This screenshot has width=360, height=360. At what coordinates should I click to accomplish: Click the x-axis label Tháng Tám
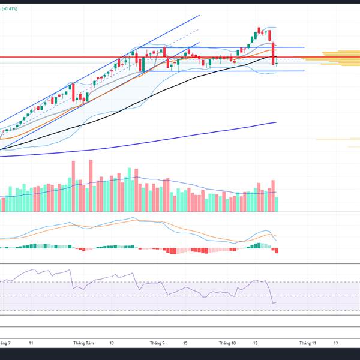(x=83, y=343)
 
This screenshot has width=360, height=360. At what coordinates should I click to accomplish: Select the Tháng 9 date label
(x=157, y=343)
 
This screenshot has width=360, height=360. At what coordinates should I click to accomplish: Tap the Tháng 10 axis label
(x=227, y=343)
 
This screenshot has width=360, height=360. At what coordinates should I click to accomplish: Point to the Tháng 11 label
(x=307, y=343)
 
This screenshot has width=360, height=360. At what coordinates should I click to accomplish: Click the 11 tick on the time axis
(x=31, y=343)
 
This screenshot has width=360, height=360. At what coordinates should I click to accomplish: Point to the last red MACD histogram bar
(x=277, y=250)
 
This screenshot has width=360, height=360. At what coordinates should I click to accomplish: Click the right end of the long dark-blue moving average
(x=276, y=122)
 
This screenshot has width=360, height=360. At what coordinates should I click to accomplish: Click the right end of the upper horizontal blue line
(x=304, y=47)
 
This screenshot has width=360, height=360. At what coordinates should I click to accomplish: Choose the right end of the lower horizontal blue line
(x=304, y=71)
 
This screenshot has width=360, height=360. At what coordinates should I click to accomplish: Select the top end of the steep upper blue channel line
(x=199, y=15)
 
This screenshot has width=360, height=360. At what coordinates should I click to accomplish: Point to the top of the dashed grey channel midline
(x=198, y=30)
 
